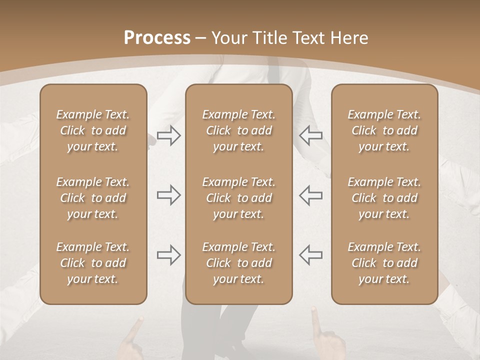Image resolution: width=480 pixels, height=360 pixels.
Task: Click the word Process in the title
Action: coord(157,38)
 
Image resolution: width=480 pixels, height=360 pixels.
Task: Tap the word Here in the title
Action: coord(348,38)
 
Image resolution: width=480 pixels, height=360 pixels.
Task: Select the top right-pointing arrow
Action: coord(168,135)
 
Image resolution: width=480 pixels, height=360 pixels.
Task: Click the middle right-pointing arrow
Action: coord(168,195)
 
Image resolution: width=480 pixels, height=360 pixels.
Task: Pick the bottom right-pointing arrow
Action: coord(168,254)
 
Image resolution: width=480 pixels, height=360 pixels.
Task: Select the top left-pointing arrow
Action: coord(310,135)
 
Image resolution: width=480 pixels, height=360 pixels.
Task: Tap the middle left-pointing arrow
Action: coord(310,195)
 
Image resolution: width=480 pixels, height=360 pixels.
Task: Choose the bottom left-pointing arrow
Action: coord(310,254)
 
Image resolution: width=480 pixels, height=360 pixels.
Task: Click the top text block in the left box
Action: coord(93,130)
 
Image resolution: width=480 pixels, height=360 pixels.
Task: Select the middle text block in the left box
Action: coord(93,198)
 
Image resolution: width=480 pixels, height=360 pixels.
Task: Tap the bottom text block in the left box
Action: coord(93,263)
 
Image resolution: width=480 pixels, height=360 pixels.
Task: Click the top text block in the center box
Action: coord(238,130)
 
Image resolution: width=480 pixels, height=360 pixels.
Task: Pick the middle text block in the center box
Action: coord(238,198)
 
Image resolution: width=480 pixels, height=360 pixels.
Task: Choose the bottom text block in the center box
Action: coord(238,263)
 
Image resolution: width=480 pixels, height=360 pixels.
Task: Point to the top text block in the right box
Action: coord(384,130)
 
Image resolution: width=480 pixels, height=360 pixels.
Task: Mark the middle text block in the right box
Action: coord(384,198)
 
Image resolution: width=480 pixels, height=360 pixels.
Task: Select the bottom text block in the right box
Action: coord(384,263)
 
